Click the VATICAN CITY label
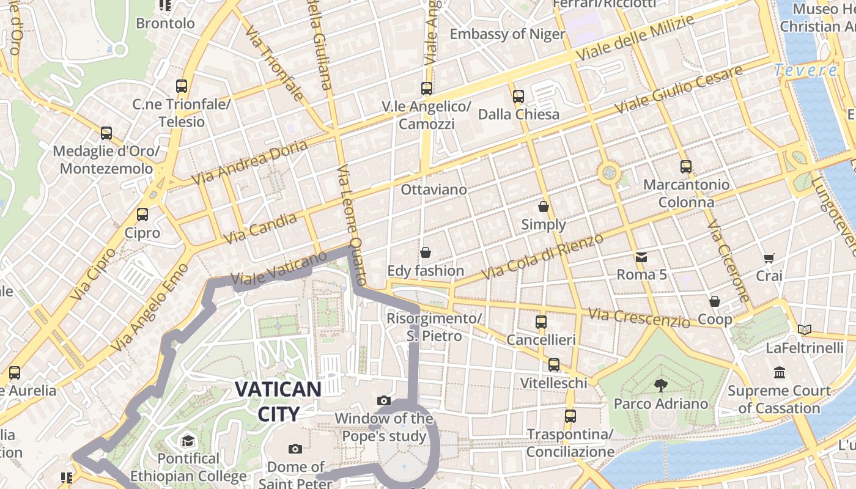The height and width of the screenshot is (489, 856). [278, 401]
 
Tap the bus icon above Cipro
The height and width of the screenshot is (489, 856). [142, 215]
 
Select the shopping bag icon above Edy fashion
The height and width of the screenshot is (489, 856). [426, 252]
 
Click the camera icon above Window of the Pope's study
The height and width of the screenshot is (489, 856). [384, 401]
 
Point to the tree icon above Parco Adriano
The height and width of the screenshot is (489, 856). [660, 385]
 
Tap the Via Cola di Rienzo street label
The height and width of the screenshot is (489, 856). [543, 257]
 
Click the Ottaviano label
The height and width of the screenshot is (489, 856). [434, 189]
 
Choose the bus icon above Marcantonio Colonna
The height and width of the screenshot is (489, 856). [686, 166]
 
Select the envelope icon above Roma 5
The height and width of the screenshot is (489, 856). [641, 257]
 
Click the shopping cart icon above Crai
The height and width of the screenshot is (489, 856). [769, 259]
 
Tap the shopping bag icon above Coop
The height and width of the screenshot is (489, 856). [714, 301]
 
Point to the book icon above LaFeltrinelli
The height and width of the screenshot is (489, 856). [804, 330]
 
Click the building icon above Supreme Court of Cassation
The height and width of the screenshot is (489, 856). [780, 372]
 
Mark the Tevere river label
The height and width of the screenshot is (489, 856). [805, 70]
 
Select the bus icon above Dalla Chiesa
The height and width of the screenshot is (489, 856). [518, 96]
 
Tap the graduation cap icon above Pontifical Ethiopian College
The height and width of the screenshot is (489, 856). [188, 440]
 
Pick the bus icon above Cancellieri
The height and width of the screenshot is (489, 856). [541, 322]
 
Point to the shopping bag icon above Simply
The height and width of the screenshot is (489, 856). [544, 207]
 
